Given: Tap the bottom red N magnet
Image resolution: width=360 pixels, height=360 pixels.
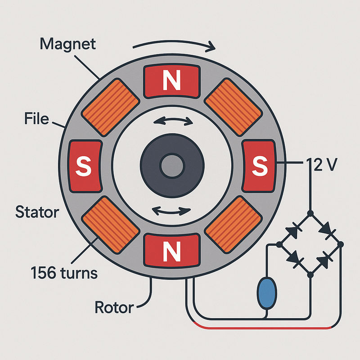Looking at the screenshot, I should (x=171, y=250).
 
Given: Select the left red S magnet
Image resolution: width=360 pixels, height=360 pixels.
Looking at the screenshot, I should (x=83, y=166).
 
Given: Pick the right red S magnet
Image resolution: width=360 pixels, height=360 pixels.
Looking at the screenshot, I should (x=259, y=166).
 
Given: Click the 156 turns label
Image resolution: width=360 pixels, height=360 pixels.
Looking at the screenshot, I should (x=64, y=272).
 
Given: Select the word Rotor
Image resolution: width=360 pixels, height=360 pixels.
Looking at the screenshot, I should (x=114, y=308).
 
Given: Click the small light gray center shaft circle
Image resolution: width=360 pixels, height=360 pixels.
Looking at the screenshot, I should (x=171, y=166).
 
